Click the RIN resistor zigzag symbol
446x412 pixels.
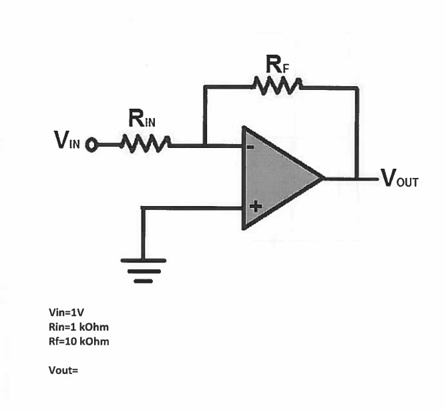coord(146,143)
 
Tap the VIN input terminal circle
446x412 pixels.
coord(91,145)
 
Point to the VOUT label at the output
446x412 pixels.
coord(400,178)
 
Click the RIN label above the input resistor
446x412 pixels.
coord(142,118)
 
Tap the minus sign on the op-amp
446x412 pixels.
coord(250,147)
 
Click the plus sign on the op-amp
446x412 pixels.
coord(256,207)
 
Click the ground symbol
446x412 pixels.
coord(143,271)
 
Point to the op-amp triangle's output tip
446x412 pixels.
coord(324,178)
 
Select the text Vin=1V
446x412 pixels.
coord(66,313)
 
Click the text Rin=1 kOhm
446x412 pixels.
coord(79,327)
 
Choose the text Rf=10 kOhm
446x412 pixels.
coord(79,341)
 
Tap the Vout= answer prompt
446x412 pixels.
coord(63,370)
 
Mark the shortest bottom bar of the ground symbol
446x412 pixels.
coord(143,281)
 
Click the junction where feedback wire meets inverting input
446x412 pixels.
coord(205,145)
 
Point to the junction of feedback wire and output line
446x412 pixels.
coord(357,179)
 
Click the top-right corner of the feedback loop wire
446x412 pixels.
coord(357,88)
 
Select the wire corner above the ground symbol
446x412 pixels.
coord(143,208)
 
